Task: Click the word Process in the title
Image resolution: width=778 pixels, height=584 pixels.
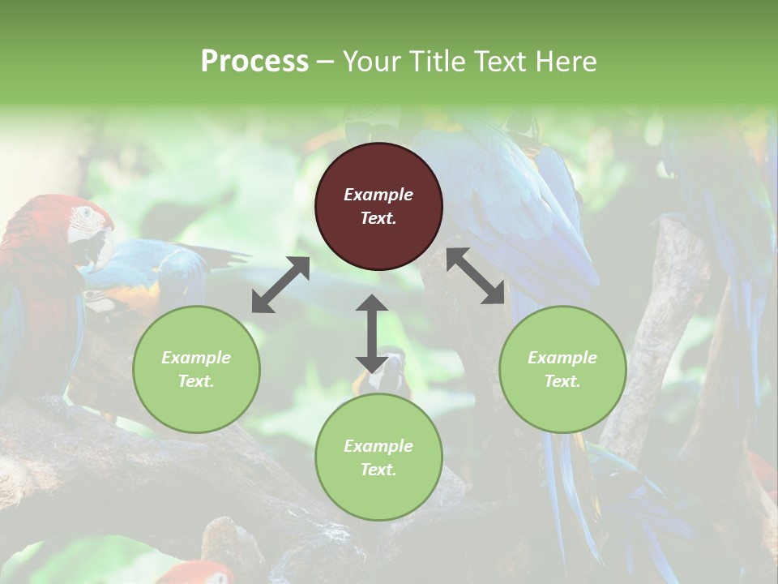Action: [254, 62]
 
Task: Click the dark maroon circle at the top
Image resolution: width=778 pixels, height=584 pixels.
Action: [378, 206]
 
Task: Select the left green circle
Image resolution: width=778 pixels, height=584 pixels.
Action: [196, 369]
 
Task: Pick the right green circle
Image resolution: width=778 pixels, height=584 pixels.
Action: [562, 369]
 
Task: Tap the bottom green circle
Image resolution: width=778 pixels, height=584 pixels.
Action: [378, 457]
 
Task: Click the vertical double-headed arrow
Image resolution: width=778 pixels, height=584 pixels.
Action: [372, 333]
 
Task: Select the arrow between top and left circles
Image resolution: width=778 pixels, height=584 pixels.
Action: [280, 285]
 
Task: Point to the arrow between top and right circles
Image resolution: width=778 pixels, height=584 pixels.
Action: [475, 277]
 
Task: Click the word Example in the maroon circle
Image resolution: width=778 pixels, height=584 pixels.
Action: [378, 195]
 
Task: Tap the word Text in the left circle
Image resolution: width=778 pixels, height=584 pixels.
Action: [196, 381]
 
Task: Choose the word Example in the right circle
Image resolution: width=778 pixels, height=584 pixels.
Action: [562, 358]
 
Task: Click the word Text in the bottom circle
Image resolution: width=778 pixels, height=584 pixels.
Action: [378, 470]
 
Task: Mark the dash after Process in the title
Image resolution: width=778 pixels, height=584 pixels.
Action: [326, 62]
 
